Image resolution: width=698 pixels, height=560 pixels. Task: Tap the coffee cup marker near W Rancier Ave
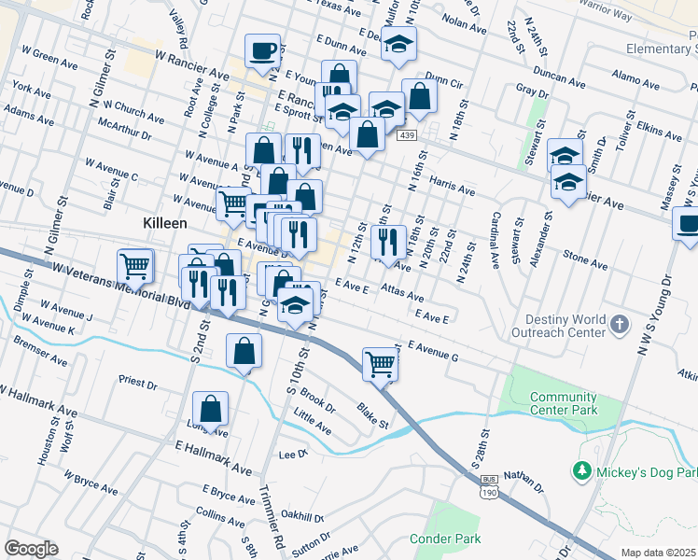(x=263, y=51)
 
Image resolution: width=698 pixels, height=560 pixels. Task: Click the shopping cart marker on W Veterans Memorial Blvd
(x=135, y=266)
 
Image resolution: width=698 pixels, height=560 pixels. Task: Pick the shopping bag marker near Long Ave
(x=211, y=409)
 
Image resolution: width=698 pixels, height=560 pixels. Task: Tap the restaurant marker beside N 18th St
(x=387, y=241)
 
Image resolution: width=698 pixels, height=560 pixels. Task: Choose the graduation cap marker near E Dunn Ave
(x=398, y=44)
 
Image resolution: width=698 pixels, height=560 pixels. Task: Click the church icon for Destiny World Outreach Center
(x=619, y=325)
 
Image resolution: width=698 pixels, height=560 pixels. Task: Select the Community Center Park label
(x=563, y=403)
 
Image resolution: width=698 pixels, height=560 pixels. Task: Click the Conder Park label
(x=445, y=539)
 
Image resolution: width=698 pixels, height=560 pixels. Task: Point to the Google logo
(x=31, y=548)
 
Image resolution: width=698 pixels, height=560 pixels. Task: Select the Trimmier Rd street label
(x=278, y=523)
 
